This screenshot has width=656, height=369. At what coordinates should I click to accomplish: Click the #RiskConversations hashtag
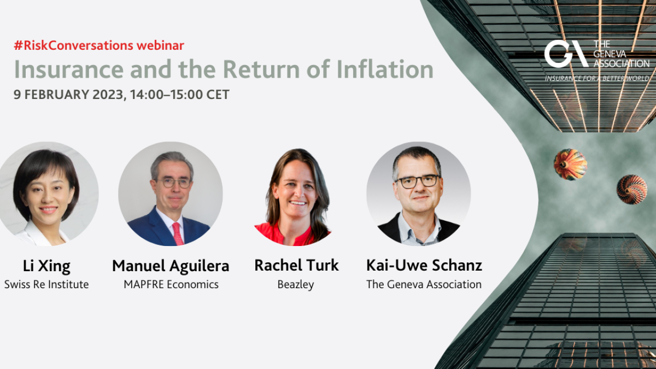pyautogui.click(x=73, y=45)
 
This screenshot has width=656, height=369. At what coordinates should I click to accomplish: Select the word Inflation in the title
pyautogui.click(x=385, y=69)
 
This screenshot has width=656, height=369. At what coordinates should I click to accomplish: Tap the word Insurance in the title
pyautogui.click(x=69, y=69)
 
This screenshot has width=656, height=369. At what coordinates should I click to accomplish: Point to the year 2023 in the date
pyautogui.click(x=108, y=95)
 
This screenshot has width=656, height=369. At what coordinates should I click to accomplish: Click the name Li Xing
pyautogui.click(x=46, y=266)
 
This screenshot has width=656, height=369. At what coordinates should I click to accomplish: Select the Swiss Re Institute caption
pyautogui.click(x=46, y=284)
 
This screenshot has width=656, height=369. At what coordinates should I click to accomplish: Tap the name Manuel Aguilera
pyautogui.click(x=171, y=266)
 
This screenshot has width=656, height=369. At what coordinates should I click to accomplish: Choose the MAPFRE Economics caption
pyautogui.click(x=171, y=284)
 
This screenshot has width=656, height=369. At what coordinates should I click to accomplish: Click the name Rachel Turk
pyautogui.click(x=296, y=265)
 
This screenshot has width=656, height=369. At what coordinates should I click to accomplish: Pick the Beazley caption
pyautogui.click(x=296, y=285)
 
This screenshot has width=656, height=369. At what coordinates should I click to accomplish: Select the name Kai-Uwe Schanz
pyautogui.click(x=424, y=265)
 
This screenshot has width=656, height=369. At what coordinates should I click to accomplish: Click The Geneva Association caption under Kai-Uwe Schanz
pyautogui.click(x=424, y=284)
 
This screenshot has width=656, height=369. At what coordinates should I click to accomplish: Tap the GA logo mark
pyautogui.click(x=566, y=54)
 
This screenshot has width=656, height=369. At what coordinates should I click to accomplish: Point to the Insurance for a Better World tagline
pyautogui.click(x=597, y=78)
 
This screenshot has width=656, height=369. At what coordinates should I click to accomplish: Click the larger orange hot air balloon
pyautogui.click(x=570, y=165)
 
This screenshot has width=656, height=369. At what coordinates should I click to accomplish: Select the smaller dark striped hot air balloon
pyautogui.click(x=632, y=189)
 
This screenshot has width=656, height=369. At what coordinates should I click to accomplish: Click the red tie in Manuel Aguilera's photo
pyautogui.click(x=178, y=233)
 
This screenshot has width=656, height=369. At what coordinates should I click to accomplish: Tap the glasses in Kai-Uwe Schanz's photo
pyautogui.click(x=418, y=181)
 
